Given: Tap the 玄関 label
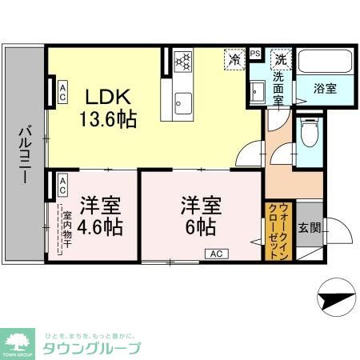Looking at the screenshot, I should point(310,227).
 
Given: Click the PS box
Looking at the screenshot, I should point(254,54).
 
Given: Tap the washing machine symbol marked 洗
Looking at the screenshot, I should point(281,58).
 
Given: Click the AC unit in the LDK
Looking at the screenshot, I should point(61,93).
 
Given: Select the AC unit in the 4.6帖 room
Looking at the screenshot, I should point(62,186).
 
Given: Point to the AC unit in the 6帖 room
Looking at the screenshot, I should point(216,254).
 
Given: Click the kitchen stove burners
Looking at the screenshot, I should point(182,62).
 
